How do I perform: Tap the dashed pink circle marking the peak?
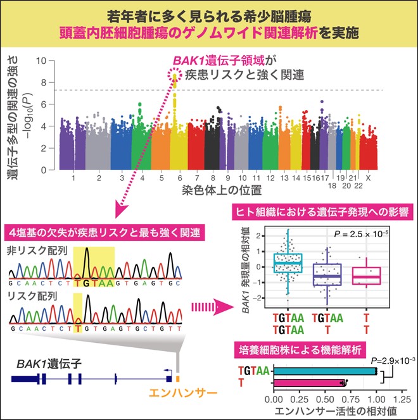point(174,78)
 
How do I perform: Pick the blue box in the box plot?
point(288,262)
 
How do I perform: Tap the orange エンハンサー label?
point(184,392)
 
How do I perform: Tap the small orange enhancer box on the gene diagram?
point(178,378)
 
